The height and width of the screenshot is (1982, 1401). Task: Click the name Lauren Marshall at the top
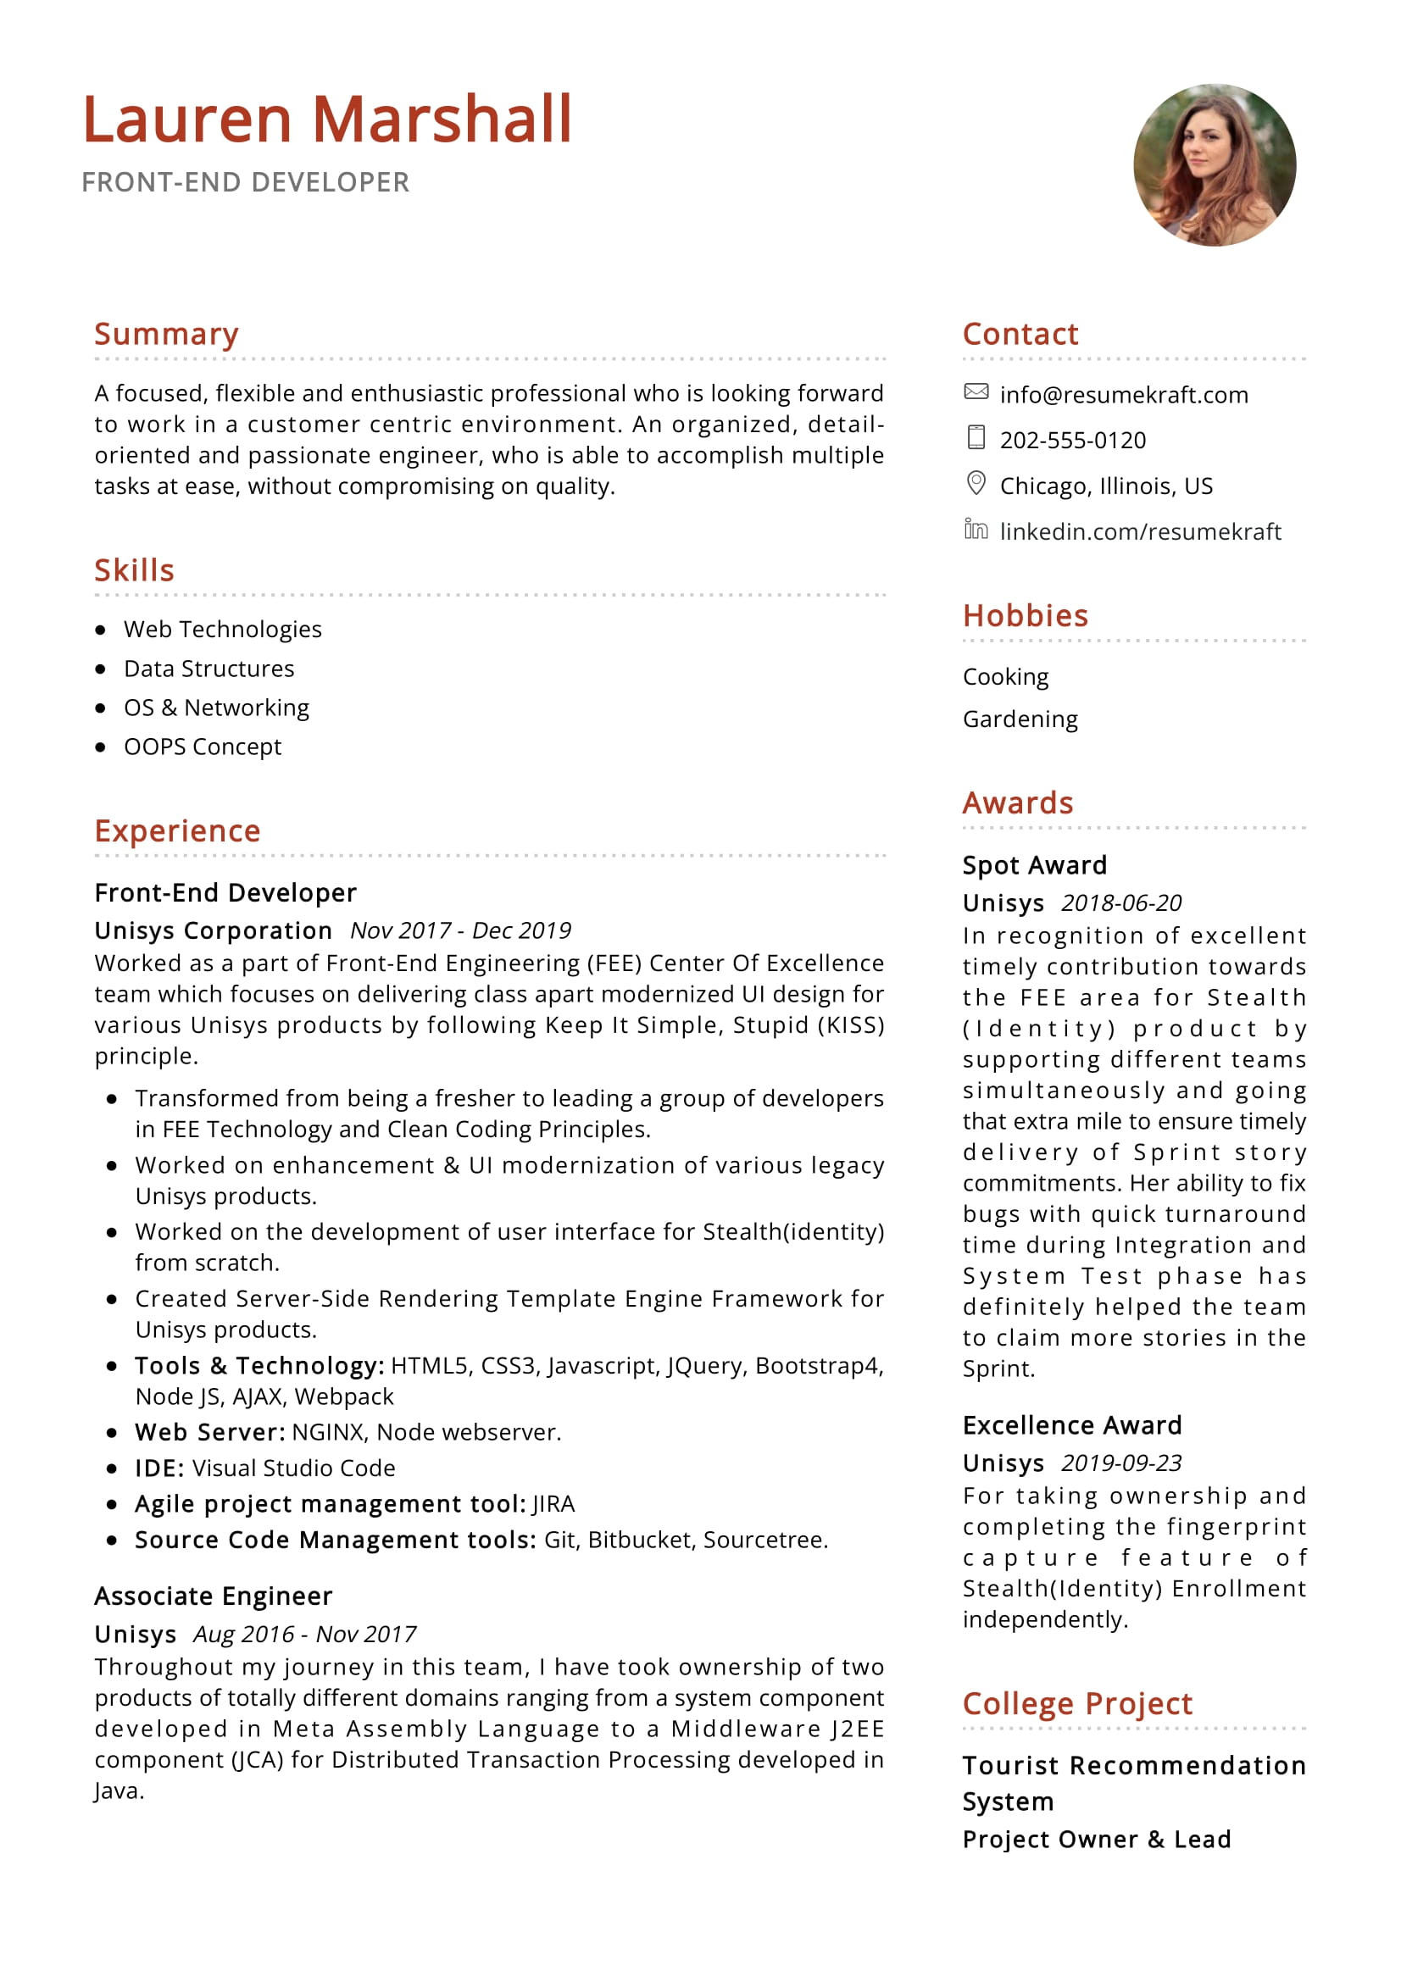tap(327, 119)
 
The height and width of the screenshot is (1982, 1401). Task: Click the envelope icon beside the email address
tap(976, 392)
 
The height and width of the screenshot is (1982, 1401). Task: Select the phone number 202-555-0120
tap(1072, 441)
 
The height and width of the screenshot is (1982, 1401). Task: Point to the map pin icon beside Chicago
tap(976, 483)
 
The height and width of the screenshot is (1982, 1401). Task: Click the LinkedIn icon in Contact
tap(976, 529)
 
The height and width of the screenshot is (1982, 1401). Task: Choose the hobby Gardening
tap(1020, 719)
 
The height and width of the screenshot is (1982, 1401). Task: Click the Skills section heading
tap(134, 570)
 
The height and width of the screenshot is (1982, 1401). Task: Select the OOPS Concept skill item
tap(202, 747)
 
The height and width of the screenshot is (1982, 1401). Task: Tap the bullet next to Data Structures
tap(101, 669)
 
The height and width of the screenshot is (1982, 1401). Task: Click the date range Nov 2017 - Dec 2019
tap(460, 930)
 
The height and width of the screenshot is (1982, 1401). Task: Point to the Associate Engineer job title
tap(214, 1596)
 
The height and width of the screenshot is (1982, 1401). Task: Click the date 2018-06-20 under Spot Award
tap(1120, 903)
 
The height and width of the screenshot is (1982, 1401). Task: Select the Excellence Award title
tap(1071, 1425)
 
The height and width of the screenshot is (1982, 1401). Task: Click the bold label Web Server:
tap(209, 1432)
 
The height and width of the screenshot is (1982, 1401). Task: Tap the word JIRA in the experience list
tap(553, 1505)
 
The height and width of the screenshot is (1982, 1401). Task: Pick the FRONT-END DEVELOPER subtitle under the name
tap(245, 182)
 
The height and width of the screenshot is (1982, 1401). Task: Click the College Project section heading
tap(1076, 1704)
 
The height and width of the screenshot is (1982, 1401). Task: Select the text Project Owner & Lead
tap(1096, 1840)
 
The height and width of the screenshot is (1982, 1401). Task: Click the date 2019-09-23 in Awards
tap(1120, 1463)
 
